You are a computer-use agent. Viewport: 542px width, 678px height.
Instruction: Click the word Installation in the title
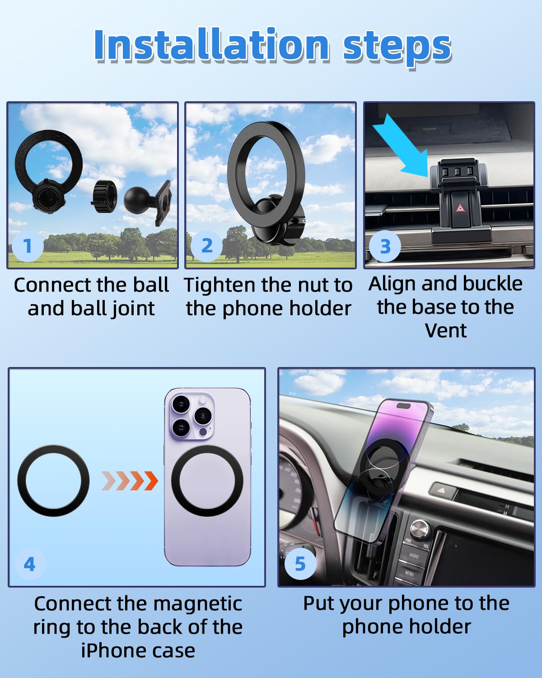(x=212, y=45)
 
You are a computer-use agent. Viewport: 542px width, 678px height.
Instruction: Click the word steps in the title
(x=397, y=48)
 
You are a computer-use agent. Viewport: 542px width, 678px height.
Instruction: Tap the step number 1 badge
(x=28, y=246)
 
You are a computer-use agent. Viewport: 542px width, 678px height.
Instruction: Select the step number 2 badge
(x=206, y=246)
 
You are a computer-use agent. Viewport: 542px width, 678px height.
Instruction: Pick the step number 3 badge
(x=385, y=246)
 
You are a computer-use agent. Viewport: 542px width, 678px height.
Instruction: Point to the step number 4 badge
(x=30, y=564)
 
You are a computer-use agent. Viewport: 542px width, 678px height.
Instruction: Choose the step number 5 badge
(x=300, y=564)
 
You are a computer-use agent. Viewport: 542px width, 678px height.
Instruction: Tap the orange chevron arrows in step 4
(x=130, y=481)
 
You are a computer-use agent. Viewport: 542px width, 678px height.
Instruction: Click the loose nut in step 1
(x=104, y=196)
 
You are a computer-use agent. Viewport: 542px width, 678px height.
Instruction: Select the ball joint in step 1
(x=148, y=202)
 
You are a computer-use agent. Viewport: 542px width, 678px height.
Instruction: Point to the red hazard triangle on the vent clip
(x=460, y=208)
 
